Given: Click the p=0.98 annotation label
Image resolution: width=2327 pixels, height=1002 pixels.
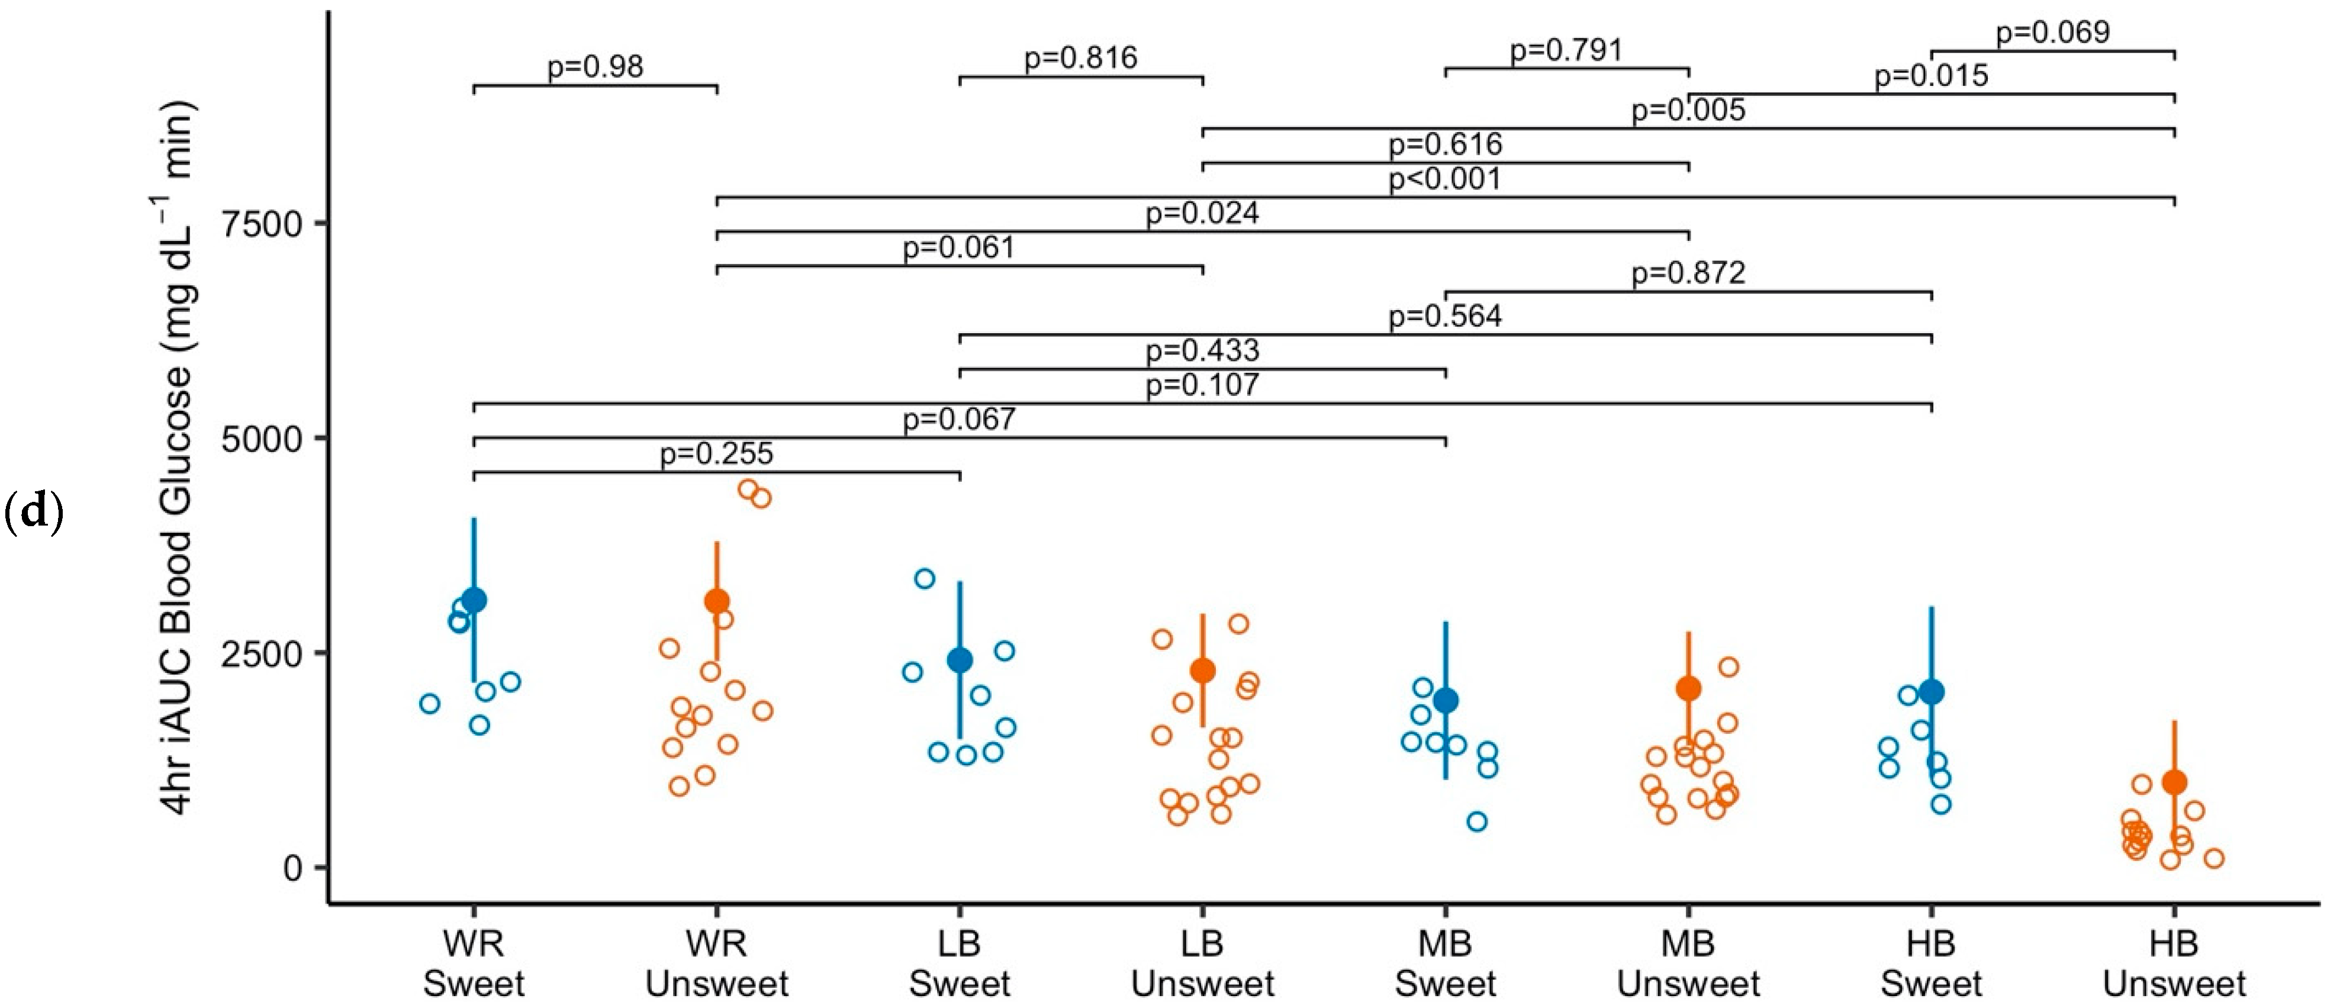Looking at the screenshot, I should point(596,67).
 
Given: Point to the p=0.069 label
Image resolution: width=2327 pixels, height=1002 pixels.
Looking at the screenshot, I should point(2052,33).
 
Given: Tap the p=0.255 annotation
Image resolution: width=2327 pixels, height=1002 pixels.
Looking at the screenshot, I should point(716,453).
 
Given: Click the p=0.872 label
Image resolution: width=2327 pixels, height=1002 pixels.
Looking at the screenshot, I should point(1688,273).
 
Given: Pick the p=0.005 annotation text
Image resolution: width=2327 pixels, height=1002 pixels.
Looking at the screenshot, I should point(1688,110).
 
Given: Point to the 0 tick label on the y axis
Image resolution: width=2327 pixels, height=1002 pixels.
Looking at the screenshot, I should point(292,868).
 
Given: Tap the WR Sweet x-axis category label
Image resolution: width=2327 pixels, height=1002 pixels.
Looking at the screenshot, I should point(474,963).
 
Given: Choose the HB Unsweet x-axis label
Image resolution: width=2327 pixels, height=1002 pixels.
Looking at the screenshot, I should point(2174,963).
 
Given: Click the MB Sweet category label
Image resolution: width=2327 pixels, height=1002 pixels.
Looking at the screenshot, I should point(1446,963).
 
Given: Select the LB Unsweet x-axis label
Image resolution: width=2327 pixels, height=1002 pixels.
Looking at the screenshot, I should point(1202,963).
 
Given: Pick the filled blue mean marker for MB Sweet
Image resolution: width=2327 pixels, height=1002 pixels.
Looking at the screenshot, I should point(1446,700).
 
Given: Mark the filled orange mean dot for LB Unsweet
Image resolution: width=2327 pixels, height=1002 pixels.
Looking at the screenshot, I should point(1202,671).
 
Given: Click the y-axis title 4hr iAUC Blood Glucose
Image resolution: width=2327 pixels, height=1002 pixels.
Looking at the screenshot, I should point(178,461).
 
